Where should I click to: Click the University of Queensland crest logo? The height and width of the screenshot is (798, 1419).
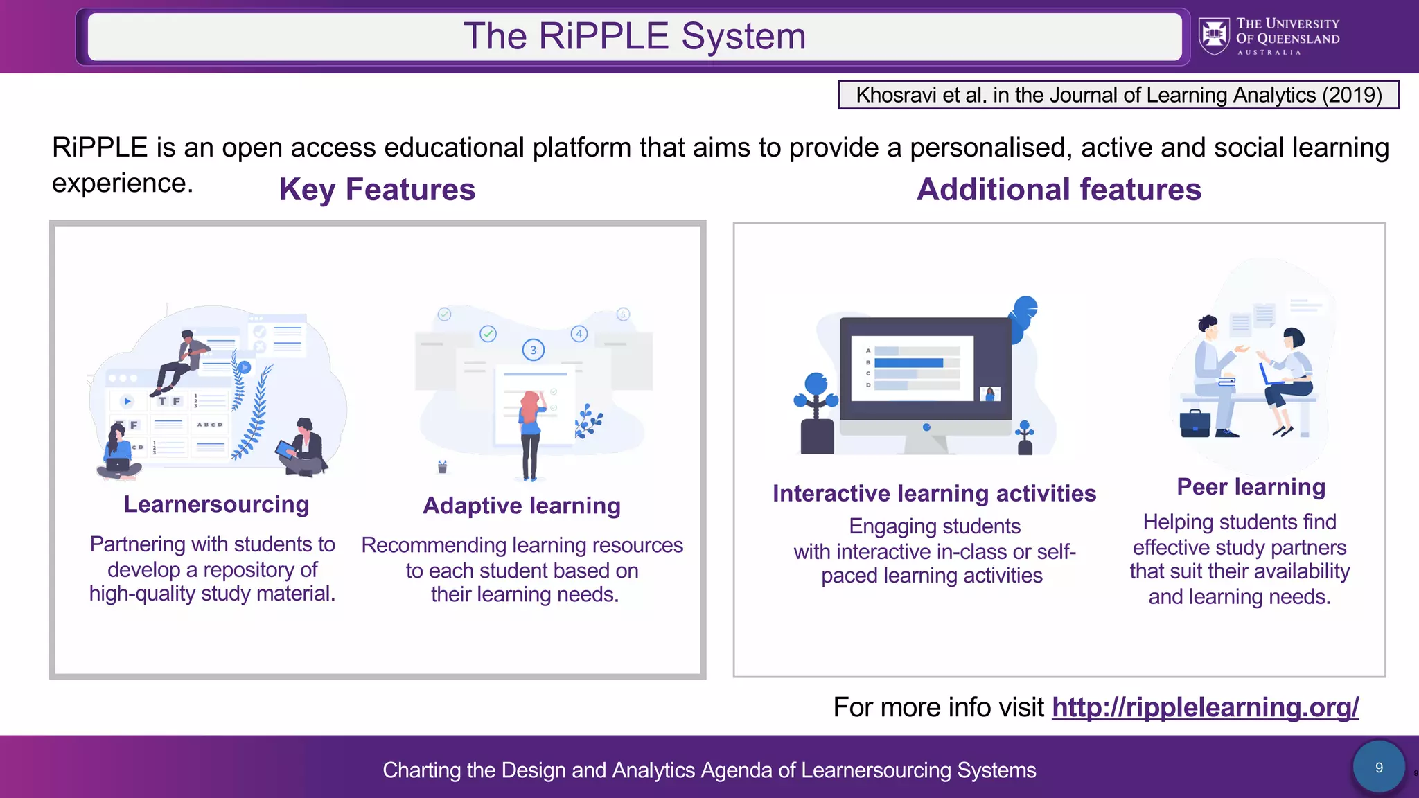[1214, 36]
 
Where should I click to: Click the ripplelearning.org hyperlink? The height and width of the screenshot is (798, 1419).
[1205, 707]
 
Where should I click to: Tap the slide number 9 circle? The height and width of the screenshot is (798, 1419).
[1379, 768]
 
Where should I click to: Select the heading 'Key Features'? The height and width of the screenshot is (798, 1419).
[377, 190]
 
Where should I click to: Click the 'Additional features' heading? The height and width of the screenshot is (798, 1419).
[1059, 190]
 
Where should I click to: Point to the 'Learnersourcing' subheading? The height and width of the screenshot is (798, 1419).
[216, 504]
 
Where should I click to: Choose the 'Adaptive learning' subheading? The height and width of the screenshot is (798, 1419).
[522, 506]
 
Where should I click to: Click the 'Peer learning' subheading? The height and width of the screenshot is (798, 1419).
[1251, 487]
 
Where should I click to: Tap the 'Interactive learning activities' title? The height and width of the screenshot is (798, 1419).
[934, 493]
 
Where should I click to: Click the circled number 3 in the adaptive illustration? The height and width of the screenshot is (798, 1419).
[533, 350]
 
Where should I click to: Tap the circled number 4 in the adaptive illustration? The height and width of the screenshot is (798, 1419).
[579, 334]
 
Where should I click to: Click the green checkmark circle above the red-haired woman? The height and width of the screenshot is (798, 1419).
[488, 334]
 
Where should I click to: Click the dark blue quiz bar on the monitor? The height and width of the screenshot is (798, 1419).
[908, 363]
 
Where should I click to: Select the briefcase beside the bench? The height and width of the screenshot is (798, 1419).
[1195, 423]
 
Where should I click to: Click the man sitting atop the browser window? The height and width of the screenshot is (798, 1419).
[182, 360]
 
